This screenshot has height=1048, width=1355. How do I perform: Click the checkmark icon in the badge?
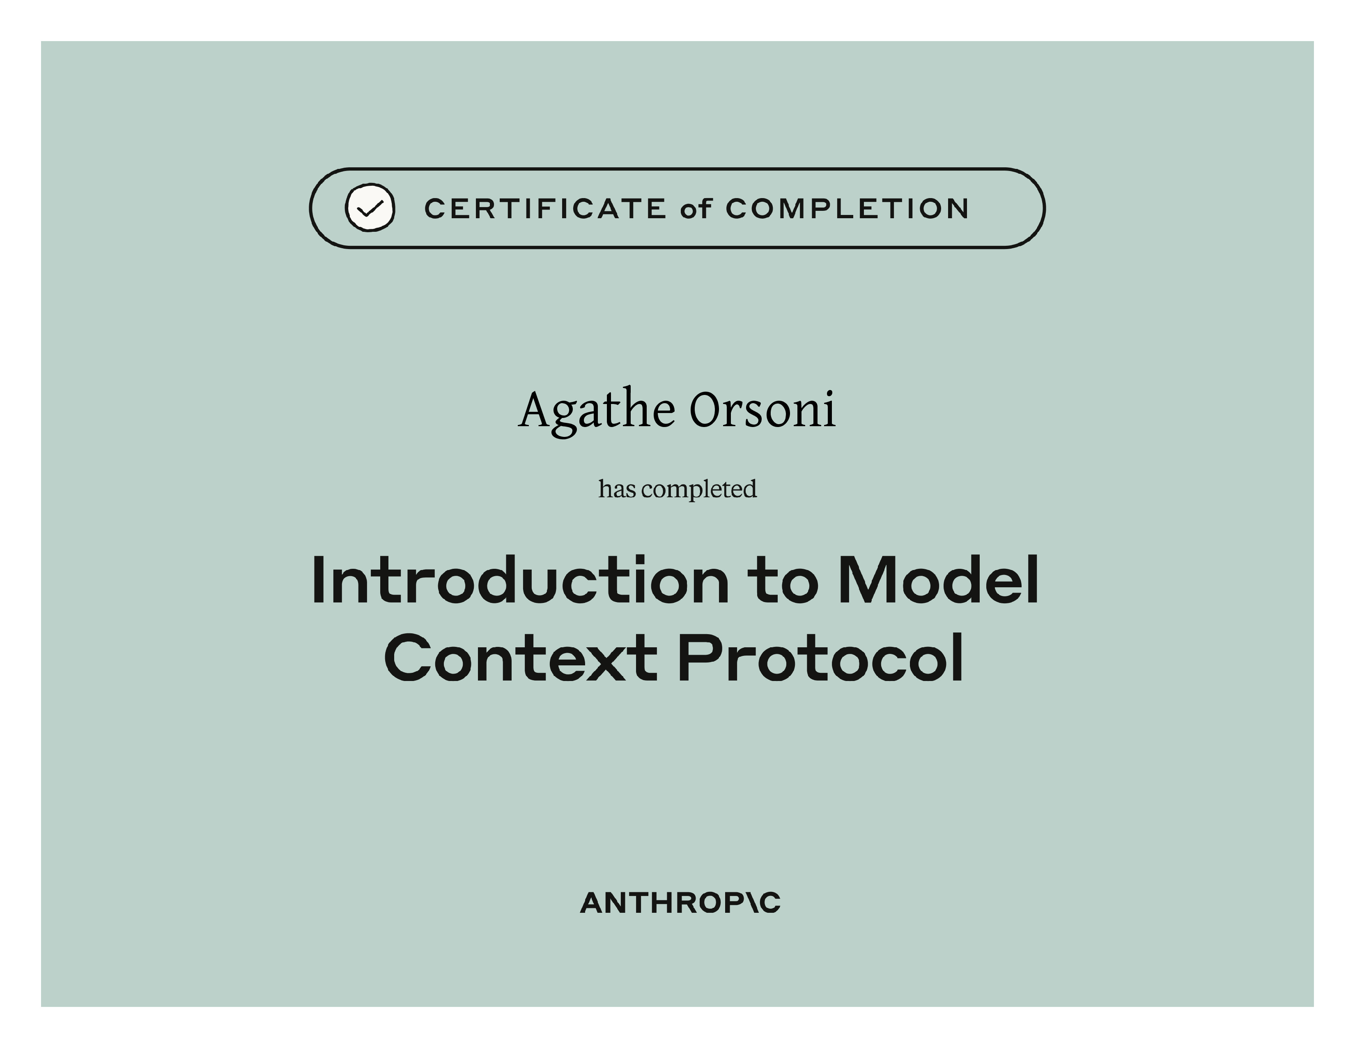pyautogui.click(x=370, y=208)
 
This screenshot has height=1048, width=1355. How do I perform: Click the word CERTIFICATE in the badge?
pyautogui.click(x=545, y=209)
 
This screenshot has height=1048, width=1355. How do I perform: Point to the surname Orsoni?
pyautogui.click(x=763, y=410)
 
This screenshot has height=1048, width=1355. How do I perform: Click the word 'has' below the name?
pyautogui.click(x=617, y=489)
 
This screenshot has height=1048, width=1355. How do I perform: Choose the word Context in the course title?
pyautogui.click(x=521, y=658)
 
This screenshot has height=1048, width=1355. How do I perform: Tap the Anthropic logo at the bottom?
pyautogui.click(x=680, y=903)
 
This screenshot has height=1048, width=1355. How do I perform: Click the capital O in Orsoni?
pyautogui.click(x=708, y=410)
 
